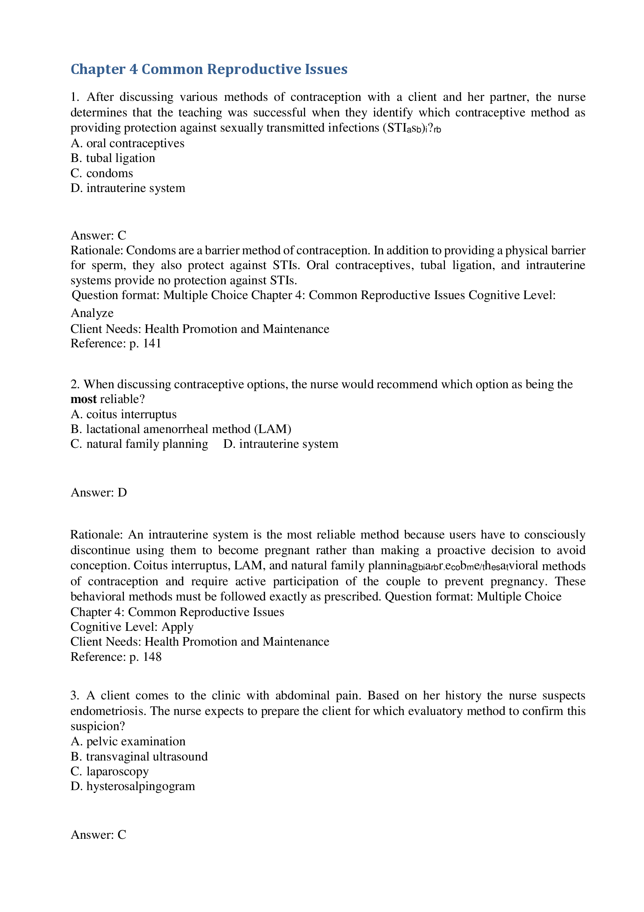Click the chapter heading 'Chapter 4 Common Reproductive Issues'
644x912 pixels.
point(209,69)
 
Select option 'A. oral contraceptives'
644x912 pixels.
point(127,143)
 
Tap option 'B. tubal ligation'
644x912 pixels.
point(113,158)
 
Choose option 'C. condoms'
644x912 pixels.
point(102,173)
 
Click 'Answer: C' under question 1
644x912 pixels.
point(98,236)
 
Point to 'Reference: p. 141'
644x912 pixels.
point(116,343)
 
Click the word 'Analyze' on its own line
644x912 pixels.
point(92,313)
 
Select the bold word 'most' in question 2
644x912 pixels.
point(83,399)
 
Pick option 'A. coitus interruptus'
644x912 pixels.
point(124,414)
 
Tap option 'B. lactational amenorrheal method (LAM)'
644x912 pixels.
point(181,429)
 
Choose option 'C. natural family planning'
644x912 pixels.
point(139,444)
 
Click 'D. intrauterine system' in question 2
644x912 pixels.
point(281,444)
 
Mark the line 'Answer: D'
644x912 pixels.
point(99,493)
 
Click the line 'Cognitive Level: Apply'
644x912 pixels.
point(132,627)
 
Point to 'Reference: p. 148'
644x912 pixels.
point(116,657)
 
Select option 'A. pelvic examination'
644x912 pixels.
point(128,741)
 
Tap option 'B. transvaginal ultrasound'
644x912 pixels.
point(139,756)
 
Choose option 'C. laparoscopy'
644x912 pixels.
point(109,771)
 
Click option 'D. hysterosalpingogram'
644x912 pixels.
point(133,786)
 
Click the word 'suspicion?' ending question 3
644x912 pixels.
point(98,726)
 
